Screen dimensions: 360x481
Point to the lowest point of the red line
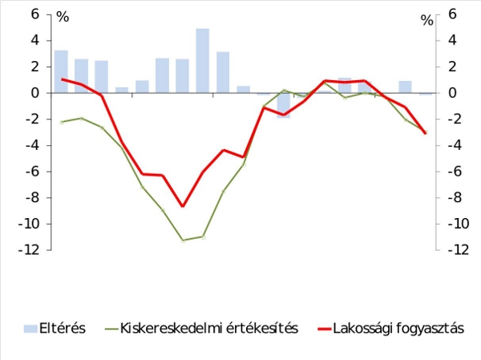(183, 206)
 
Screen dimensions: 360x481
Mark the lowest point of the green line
(183, 240)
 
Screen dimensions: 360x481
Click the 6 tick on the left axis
(34, 14)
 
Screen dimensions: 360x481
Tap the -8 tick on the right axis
(452, 197)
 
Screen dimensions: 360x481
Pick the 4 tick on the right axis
(451, 40)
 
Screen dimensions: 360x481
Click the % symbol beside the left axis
(63, 17)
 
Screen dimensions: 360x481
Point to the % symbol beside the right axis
(426, 20)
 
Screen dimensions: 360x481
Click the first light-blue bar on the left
(61, 71)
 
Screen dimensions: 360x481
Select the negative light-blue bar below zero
(284, 105)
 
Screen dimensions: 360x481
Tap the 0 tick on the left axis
(34, 92)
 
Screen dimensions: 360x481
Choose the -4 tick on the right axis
(452, 145)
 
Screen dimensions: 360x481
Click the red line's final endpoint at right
(425, 132)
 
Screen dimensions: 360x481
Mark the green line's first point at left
(61, 122)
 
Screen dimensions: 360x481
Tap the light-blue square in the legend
(30, 328)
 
